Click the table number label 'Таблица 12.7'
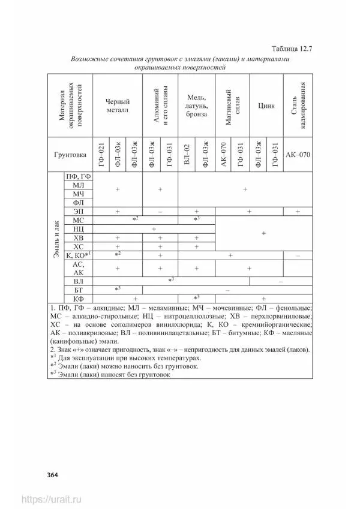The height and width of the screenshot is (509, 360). click(x=293, y=49)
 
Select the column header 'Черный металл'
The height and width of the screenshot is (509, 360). click(x=118, y=106)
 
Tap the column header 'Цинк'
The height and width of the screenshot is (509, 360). click(x=266, y=106)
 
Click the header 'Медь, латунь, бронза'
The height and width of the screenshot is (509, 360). click(x=196, y=106)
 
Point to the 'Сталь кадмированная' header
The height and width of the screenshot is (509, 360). click(x=298, y=106)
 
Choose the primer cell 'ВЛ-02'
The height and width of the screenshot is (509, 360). click(x=187, y=155)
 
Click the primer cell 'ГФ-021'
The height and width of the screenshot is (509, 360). click(x=101, y=155)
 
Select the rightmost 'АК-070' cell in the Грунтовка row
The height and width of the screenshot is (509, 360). click(x=298, y=155)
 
